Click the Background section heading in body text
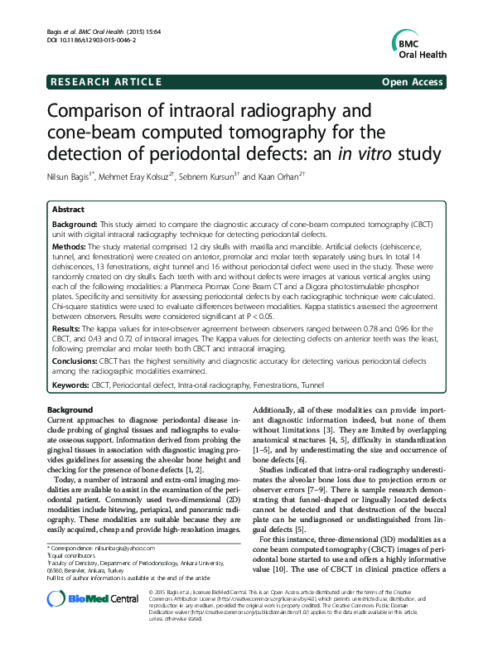coord(70,409)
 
